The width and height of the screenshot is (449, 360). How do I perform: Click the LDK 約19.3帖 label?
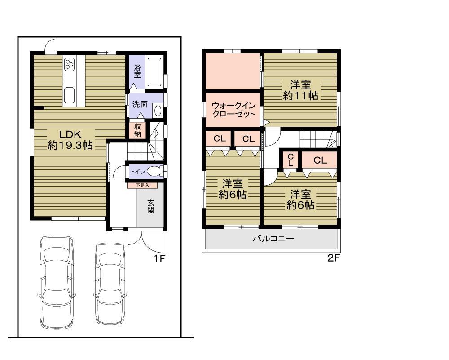click(x=70, y=139)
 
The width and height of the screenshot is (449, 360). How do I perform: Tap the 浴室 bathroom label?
click(x=137, y=71)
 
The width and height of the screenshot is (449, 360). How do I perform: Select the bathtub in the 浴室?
click(x=155, y=72)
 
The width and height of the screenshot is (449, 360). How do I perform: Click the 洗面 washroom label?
click(x=140, y=104)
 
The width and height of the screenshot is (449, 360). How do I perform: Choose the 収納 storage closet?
click(x=138, y=130)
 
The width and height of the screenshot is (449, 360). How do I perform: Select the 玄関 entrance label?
click(x=150, y=207)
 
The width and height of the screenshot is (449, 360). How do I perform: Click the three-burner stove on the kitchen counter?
click(x=70, y=65)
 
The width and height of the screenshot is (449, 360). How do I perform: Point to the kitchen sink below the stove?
click(x=69, y=95)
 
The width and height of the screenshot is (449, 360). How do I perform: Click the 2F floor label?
click(x=333, y=259)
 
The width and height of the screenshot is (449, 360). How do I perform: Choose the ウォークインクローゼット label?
click(x=233, y=110)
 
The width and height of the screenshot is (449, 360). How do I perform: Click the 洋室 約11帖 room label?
click(x=300, y=90)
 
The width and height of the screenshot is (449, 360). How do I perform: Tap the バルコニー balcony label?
click(x=273, y=239)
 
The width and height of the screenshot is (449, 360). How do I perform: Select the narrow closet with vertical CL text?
click(x=291, y=160)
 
